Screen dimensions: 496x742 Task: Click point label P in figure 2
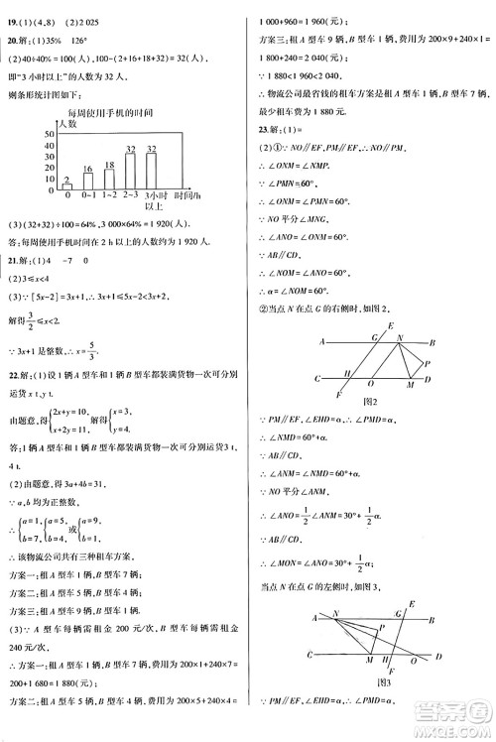(x=426, y=362)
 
